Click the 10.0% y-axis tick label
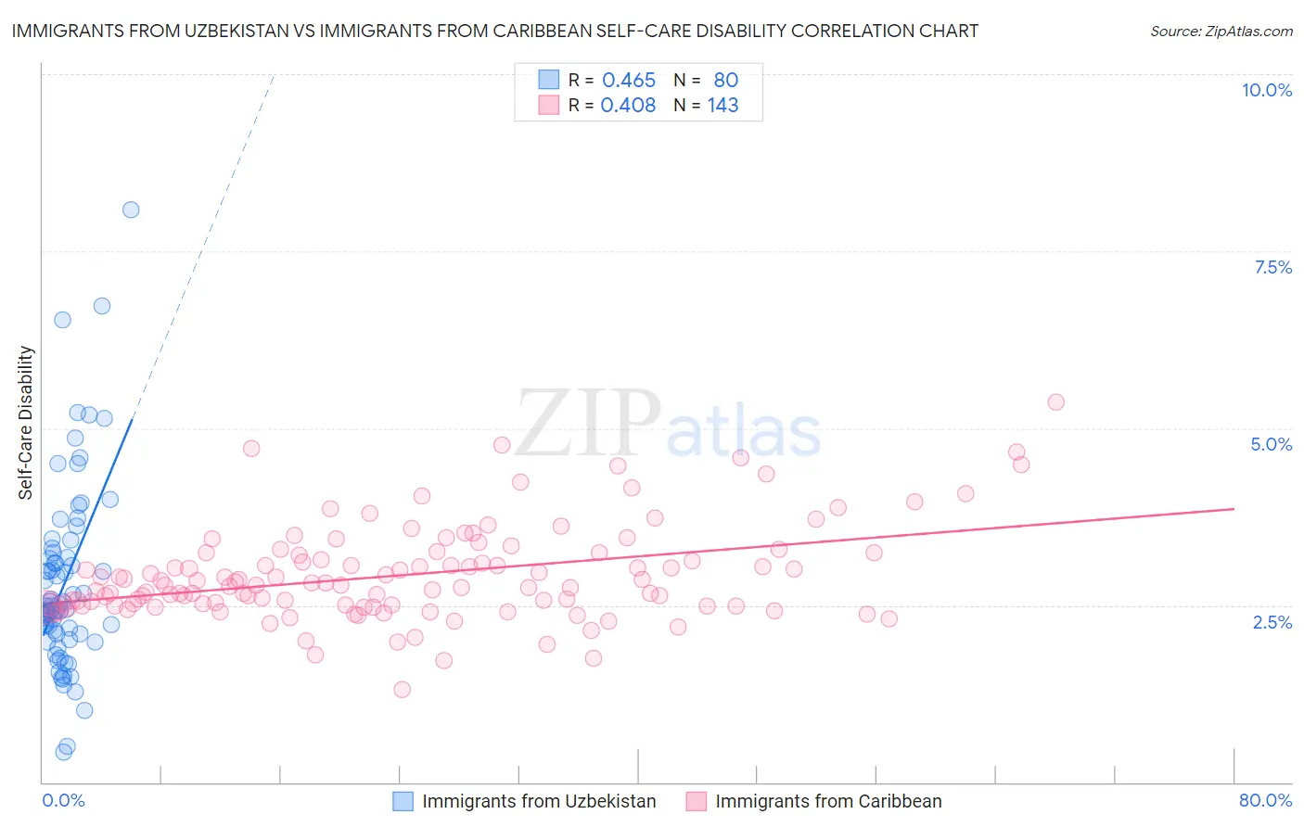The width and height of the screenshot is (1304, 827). coord(1266,90)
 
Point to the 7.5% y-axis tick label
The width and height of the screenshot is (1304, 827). coord(1272,267)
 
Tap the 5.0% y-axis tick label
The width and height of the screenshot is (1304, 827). coord(1271,444)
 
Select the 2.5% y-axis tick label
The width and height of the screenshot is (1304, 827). coord(1272,622)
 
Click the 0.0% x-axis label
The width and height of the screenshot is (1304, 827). coord(63,800)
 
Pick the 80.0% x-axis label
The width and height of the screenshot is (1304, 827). coord(1265,800)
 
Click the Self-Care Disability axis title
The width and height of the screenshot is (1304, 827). coord(26,423)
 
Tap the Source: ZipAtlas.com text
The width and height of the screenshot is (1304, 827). coord(1221,31)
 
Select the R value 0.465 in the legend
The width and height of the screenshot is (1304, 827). coord(629,81)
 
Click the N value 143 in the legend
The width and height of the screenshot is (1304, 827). coord(722,106)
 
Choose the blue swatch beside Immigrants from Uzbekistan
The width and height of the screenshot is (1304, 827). coord(403,801)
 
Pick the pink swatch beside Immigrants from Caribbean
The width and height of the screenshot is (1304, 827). coord(696,801)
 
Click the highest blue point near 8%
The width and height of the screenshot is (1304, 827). coord(131,210)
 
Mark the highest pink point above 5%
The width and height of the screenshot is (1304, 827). coord(1055,401)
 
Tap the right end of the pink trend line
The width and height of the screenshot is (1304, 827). coord(1234,508)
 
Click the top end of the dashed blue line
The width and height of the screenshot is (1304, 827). coord(274,74)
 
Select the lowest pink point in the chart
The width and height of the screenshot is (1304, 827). coord(402,689)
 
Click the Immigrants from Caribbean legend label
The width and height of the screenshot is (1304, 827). coord(828,801)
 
